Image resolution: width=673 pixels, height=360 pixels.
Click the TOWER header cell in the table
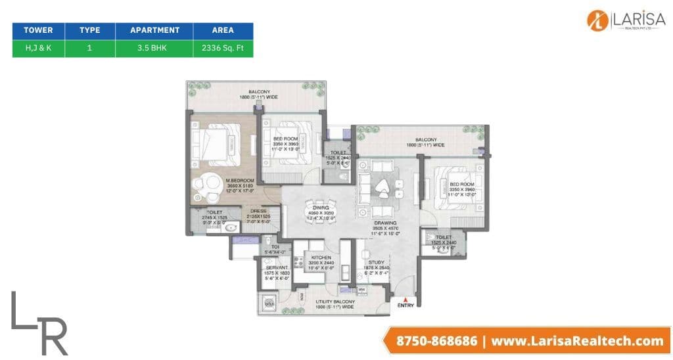[38, 30]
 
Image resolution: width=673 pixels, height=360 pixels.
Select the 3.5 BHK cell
[154, 48]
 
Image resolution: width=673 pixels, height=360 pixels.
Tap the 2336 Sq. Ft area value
[223, 48]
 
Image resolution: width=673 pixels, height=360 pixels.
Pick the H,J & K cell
[38, 48]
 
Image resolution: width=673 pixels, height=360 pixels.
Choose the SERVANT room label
[273, 267]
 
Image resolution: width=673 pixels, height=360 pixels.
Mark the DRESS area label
[258, 212]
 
